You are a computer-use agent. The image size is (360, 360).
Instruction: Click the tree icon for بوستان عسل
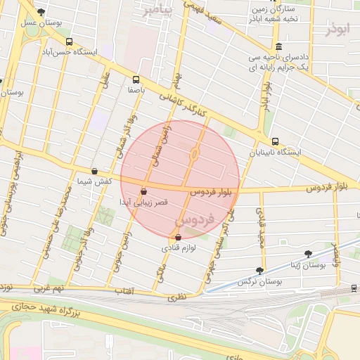(41, 12)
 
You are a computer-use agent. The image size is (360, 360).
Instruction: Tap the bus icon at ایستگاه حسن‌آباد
(67, 41)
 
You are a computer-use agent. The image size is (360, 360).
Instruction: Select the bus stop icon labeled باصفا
(135, 79)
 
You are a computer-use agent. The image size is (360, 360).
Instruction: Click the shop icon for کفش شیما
(94, 171)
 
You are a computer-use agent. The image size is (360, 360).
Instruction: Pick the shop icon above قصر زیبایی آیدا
(143, 191)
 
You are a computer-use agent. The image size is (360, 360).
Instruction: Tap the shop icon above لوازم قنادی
(178, 237)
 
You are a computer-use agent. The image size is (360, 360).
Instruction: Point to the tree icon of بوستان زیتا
(308, 253)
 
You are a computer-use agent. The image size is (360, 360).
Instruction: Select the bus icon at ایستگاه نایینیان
(274, 141)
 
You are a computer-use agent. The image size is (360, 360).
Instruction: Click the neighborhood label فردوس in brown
(189, 225)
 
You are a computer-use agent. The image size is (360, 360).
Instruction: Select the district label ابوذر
(337, 30)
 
